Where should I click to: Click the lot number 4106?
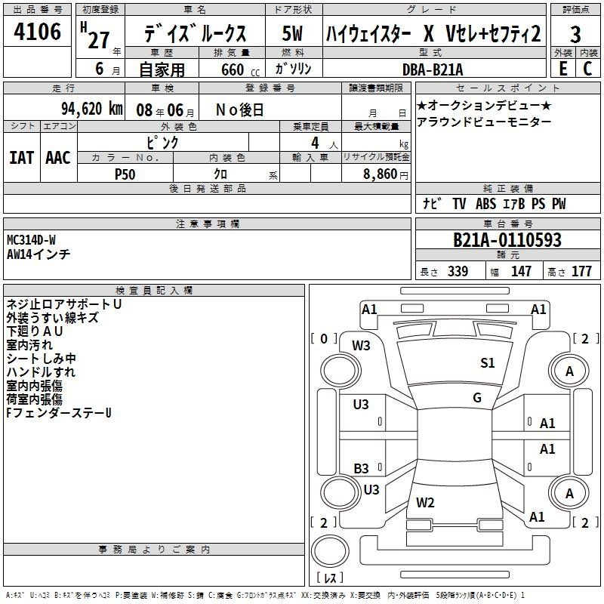pyautogui.click(x=37, y=31)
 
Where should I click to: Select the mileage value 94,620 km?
pyautogui.click(x=92, y=109)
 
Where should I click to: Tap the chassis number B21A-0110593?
pyautogui.click(x=507, y=239)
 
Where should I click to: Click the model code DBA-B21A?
pyautogui.click(x=433, y=69)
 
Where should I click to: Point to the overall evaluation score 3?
pyautogui.click(x=575, y=35)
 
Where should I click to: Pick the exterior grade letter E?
pyautogui.click(x=563, y=68)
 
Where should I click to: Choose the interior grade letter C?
pyautogui.click(x=587, y=68)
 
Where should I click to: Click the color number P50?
pyautogui.click(x=125, y=174)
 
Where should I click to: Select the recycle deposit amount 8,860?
pyautogui.click(x=381, y=174)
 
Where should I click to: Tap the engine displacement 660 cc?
pyautogui.click(x=240, y=69)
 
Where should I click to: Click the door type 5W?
pyautogui.click(x=292, y=33)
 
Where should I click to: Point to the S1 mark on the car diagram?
pyautogui.click(x=487, y=362)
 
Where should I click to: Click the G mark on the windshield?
pyautogui.click(x=477, y=397)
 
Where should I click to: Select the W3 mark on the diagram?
pyautogui.click(x=361, y=346)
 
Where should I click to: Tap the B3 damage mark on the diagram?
pyautogui.click(x=361, y=468)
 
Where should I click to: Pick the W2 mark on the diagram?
pyautogui.click(x=425, y=502)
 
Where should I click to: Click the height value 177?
pyautogui.click(x=581, y=271)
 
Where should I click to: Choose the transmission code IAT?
pyautogui.click(x=21, y=158)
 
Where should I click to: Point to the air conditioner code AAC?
pyautogui.click(x=58, y=158)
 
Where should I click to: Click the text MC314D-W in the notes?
pyautogui.click(x=31, y=240)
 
